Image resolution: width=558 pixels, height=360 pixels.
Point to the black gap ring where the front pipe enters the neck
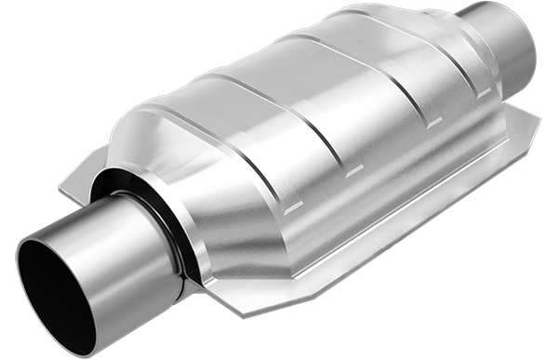[139, 200]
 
